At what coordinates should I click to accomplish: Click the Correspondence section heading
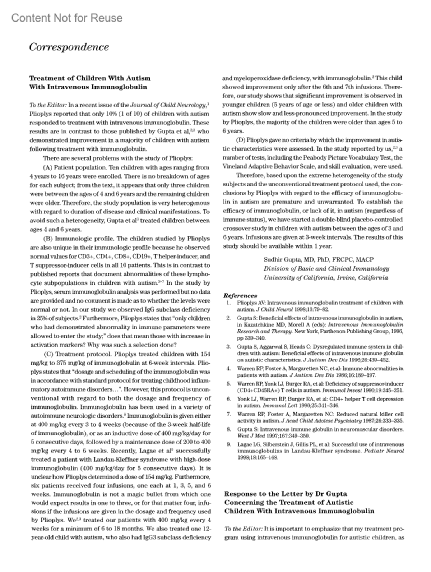[69, 47]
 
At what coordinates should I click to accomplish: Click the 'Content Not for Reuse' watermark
[67, 18]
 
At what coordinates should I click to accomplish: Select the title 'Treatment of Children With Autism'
[90, 78]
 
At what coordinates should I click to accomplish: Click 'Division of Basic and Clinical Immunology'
[326, 268]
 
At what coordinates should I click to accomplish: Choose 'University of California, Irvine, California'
[325, 277]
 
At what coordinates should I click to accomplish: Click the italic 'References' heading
[240, 296]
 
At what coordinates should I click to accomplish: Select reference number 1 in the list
[228, 303]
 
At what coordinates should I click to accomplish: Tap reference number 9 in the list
[228, 444]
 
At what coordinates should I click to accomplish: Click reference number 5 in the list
[228, 384]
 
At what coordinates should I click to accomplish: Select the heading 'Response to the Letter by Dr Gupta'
[286, 494]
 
